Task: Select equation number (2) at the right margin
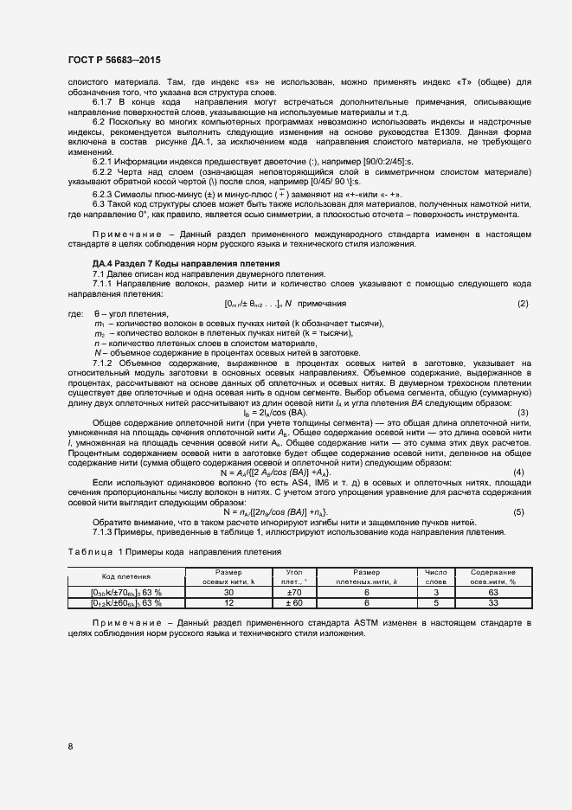point(522,304)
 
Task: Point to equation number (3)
point(522,412)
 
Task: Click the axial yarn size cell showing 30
point(228,592)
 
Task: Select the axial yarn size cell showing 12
point(228,602)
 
